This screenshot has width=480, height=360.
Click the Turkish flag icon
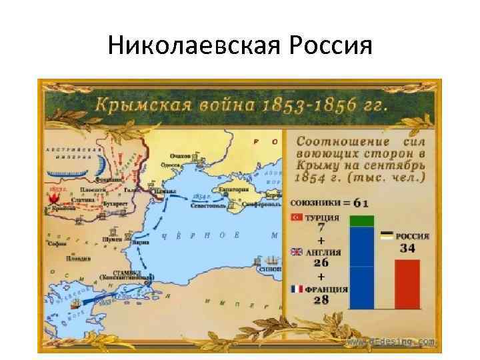click(x=297, y=217)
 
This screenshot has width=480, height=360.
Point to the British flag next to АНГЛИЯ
click(x=297, y=252)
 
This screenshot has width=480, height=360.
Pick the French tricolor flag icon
click(x=297, y=289)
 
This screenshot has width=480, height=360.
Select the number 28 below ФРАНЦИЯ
click(x=321, y=301)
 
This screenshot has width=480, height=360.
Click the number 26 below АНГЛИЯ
click(x=321, y=264)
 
